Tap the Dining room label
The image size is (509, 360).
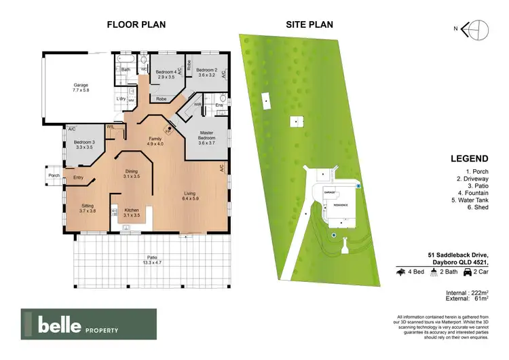pyautogui.click(x=132, y=173)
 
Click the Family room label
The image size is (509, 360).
pyautogui.click(x=155, y=140)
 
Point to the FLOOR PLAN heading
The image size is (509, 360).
pyautogui.click(x=136, y=24)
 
